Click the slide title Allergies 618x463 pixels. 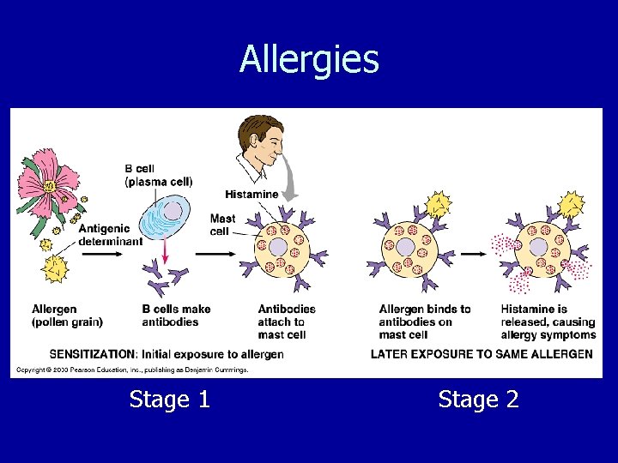click(x=309, y=60)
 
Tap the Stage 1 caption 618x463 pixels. click(x=169, y=400)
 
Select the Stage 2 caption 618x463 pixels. click(x=478, y=400)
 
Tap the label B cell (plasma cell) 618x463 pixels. click(x=159, y=175)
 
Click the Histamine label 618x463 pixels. click(x=251, y=195)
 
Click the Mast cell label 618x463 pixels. click(x=222, y=225)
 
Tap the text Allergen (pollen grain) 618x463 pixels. click(x=67, y=316)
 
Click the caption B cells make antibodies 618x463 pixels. click(x=176, y=316)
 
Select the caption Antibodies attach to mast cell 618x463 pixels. click(x=286, y=322)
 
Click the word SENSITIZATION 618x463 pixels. click(x=92, y=354)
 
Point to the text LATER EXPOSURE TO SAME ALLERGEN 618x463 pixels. click(x=481, y=354)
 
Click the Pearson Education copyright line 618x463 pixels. click(x=131, y=370)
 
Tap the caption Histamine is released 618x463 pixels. click(x=548, y=322)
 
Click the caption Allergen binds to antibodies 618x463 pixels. click(x=424, y=322)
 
